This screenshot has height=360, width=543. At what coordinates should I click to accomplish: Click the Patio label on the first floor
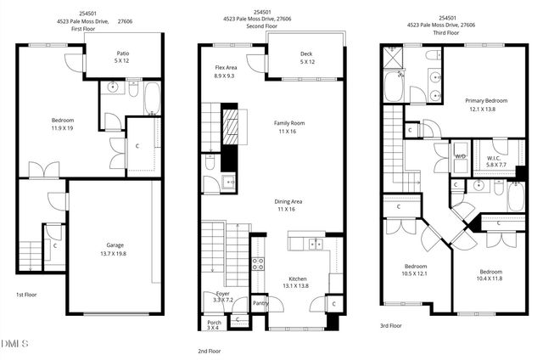(121, 57)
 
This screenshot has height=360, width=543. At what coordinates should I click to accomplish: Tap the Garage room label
(115, 249)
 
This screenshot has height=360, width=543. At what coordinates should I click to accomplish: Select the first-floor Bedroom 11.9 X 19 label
(62, 124)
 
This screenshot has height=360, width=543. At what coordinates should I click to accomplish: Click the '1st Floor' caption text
(26, 295)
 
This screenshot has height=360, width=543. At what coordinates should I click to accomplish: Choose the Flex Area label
(226, 70)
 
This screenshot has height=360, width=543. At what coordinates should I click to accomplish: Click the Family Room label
(288, 127)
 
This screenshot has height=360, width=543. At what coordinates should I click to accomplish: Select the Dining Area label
(288, 205)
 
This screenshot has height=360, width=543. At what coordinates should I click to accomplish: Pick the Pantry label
(260, 303)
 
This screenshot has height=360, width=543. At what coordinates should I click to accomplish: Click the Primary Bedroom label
(486, 104)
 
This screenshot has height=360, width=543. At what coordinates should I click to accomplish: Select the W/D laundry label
(461, 157)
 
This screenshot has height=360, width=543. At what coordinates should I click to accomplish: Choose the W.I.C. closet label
(495, 160)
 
